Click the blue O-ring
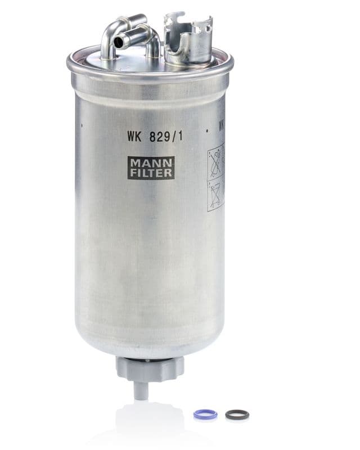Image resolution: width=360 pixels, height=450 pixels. tap(205, 414)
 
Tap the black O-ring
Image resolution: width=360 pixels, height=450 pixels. tap(237, 415)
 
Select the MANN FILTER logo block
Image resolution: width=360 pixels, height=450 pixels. tap(151, 168)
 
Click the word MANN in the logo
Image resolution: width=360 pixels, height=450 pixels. tap(151, 163)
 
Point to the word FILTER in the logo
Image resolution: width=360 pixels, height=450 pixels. tap(151, 173)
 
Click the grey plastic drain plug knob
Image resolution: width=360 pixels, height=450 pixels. tap(150, 368)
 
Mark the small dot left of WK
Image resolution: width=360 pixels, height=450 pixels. tap(83, 126)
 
